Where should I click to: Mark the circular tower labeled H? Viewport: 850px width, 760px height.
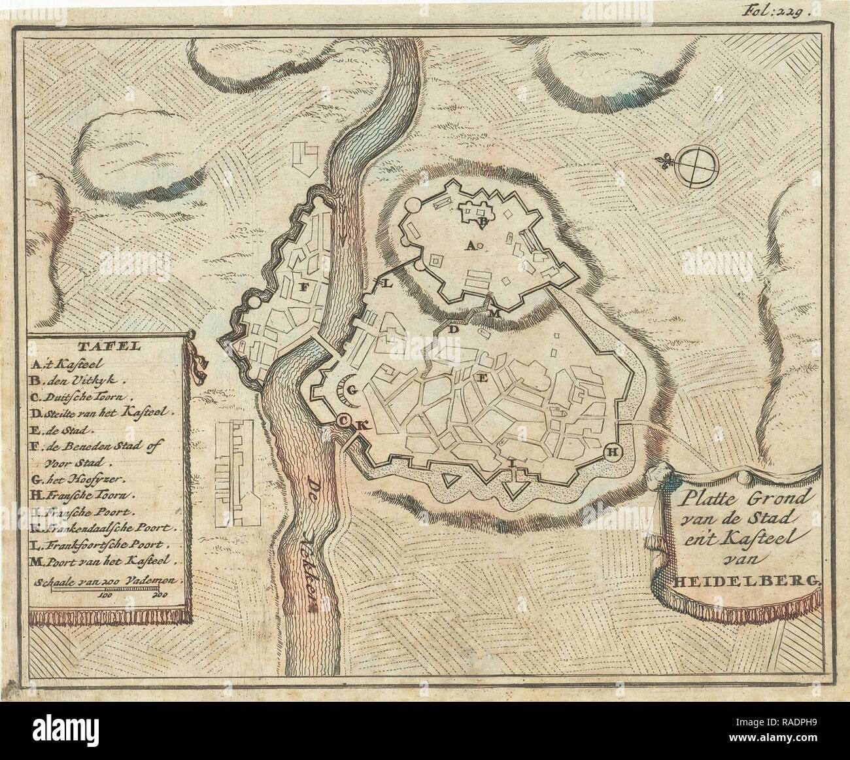point(612,451)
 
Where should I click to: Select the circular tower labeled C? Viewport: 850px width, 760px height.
point(343,422)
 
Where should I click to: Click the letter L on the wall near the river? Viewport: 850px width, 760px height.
point(385,284)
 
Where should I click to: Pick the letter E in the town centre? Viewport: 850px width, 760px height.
point(484,377)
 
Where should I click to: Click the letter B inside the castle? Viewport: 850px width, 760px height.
point(483,222)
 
